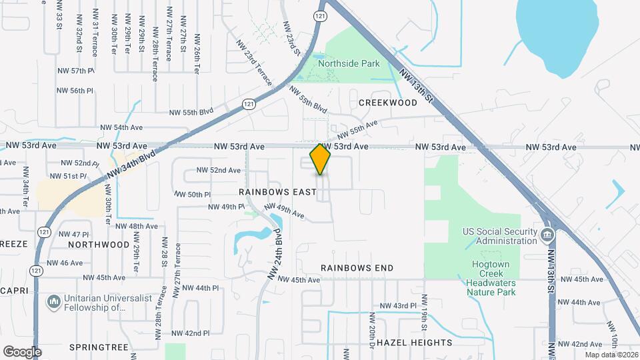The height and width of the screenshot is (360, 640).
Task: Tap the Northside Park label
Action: (349, 64)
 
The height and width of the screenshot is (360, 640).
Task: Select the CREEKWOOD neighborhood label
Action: (388, 103)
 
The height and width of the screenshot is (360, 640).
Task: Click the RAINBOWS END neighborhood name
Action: (357, 267)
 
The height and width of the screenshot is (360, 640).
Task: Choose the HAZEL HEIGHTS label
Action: (414, 343)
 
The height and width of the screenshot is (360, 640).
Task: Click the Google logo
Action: (23, 351)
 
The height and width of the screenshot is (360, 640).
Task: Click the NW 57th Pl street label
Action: (75, 70)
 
